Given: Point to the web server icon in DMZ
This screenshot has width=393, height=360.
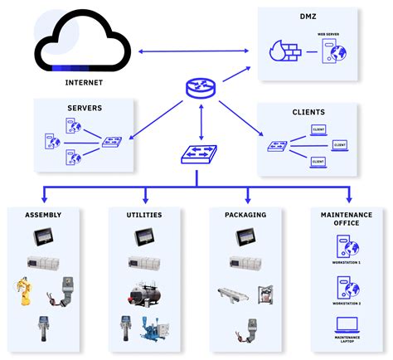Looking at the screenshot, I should click(x=335, y=53).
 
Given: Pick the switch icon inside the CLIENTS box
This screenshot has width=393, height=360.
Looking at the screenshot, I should click(x=276, y=146).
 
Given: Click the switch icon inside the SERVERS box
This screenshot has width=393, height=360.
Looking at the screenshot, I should click(x=110, y=143).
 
